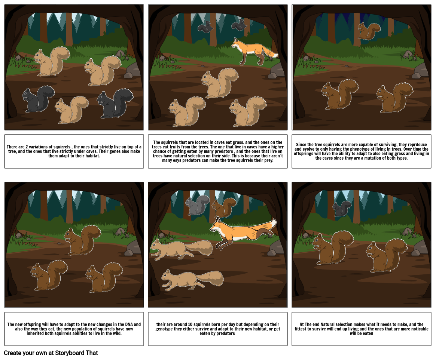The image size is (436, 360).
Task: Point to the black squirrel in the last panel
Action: [342, 209]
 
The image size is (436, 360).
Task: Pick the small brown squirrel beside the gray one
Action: [223, 207]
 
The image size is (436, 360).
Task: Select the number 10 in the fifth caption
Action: [185, 324]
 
